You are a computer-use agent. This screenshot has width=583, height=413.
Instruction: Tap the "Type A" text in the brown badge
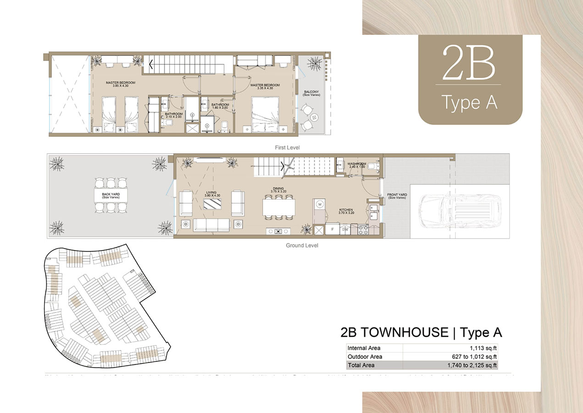point(469,102)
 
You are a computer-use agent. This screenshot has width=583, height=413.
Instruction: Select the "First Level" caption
point(287,147)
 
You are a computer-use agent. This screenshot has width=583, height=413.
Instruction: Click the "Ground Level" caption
point(302,246)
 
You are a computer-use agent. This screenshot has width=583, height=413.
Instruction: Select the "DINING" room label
point(278,189)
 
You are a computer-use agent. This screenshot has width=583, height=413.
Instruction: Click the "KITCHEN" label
point(346,210)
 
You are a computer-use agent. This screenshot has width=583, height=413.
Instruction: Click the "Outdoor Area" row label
point(365,357)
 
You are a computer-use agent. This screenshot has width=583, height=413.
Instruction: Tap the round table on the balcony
point(314,117)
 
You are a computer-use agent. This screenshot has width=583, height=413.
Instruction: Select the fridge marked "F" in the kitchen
point(331,228)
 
